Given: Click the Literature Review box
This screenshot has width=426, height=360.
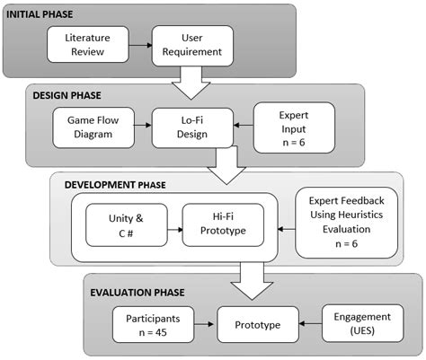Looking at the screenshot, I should click(x=86, y=45).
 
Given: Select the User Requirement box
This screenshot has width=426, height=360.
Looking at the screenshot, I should click(x=191, y=45).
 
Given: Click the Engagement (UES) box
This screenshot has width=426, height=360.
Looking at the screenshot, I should click(x=359, y=322).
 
